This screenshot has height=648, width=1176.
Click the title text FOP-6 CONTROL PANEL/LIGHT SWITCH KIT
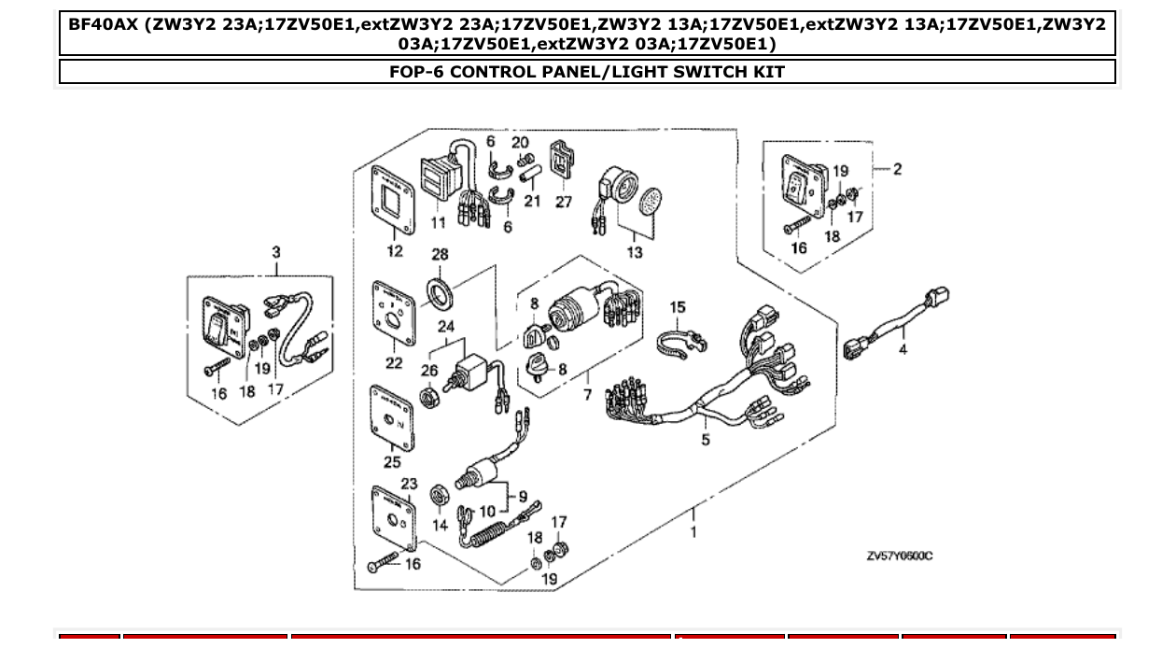point(587,72)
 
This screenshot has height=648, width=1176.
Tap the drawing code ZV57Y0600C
point(899,556)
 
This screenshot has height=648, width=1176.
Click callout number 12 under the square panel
point(394,250)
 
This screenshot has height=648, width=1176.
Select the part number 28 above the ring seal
point(440,254)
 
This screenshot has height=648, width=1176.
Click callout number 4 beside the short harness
point(903,349)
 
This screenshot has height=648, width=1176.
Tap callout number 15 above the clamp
point(678,307)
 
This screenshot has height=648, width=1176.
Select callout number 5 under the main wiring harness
point(706,440)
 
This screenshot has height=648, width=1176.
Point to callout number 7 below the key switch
point(587,395)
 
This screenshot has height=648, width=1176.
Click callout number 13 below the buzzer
point(635,252)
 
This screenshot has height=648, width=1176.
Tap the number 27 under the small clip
point(563,202)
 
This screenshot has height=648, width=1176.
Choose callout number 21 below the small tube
point(532,202)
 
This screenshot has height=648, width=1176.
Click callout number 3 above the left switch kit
point(276,252)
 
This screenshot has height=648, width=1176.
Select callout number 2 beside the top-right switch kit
point(897,169)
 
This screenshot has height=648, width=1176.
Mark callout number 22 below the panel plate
point(394,363)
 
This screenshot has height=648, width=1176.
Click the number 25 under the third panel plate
point(392,461)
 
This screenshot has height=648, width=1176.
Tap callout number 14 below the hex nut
point(440,526)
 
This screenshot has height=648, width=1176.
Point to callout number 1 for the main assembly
point(693,532)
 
